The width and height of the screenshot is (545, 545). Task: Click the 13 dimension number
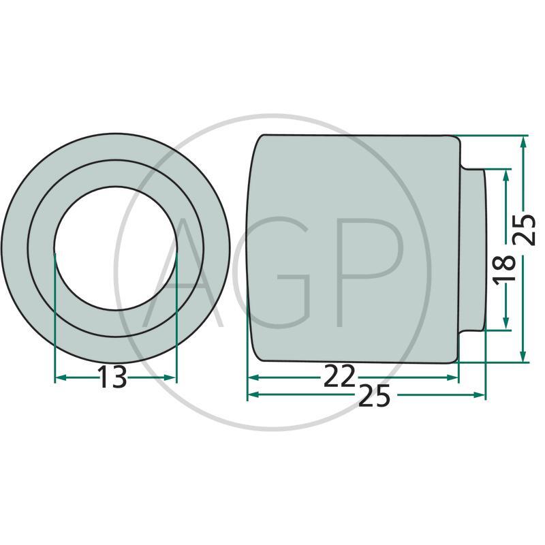(x=112, y=377)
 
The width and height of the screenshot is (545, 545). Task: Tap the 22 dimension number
(x=339, y=376)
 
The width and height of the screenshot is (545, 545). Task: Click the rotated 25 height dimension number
(x=524, y=230)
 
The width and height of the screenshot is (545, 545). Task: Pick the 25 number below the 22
(x=374, y=396)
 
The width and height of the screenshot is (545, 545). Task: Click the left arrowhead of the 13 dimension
(x=61, y=378)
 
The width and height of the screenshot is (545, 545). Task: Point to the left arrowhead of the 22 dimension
(x=253, y=377)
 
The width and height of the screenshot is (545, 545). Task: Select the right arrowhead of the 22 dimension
(x=453, y=377)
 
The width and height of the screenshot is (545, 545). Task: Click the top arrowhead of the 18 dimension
(x=506, y=175)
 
